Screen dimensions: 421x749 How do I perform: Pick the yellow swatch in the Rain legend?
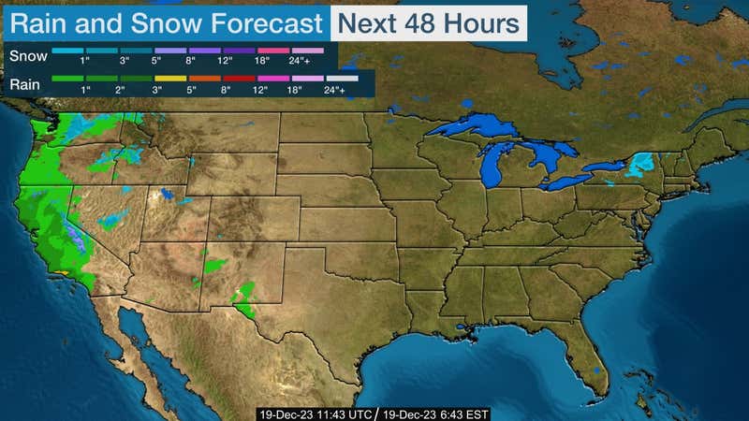pos(170,78)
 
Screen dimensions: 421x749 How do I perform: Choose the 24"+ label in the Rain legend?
pos(334,90)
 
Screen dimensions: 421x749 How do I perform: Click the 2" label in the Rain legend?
pos(119,90)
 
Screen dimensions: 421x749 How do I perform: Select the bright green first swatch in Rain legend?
pos(66,78)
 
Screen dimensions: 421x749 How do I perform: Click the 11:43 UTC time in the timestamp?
pos(341,413)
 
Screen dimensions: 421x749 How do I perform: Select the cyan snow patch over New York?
pos(640,166)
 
